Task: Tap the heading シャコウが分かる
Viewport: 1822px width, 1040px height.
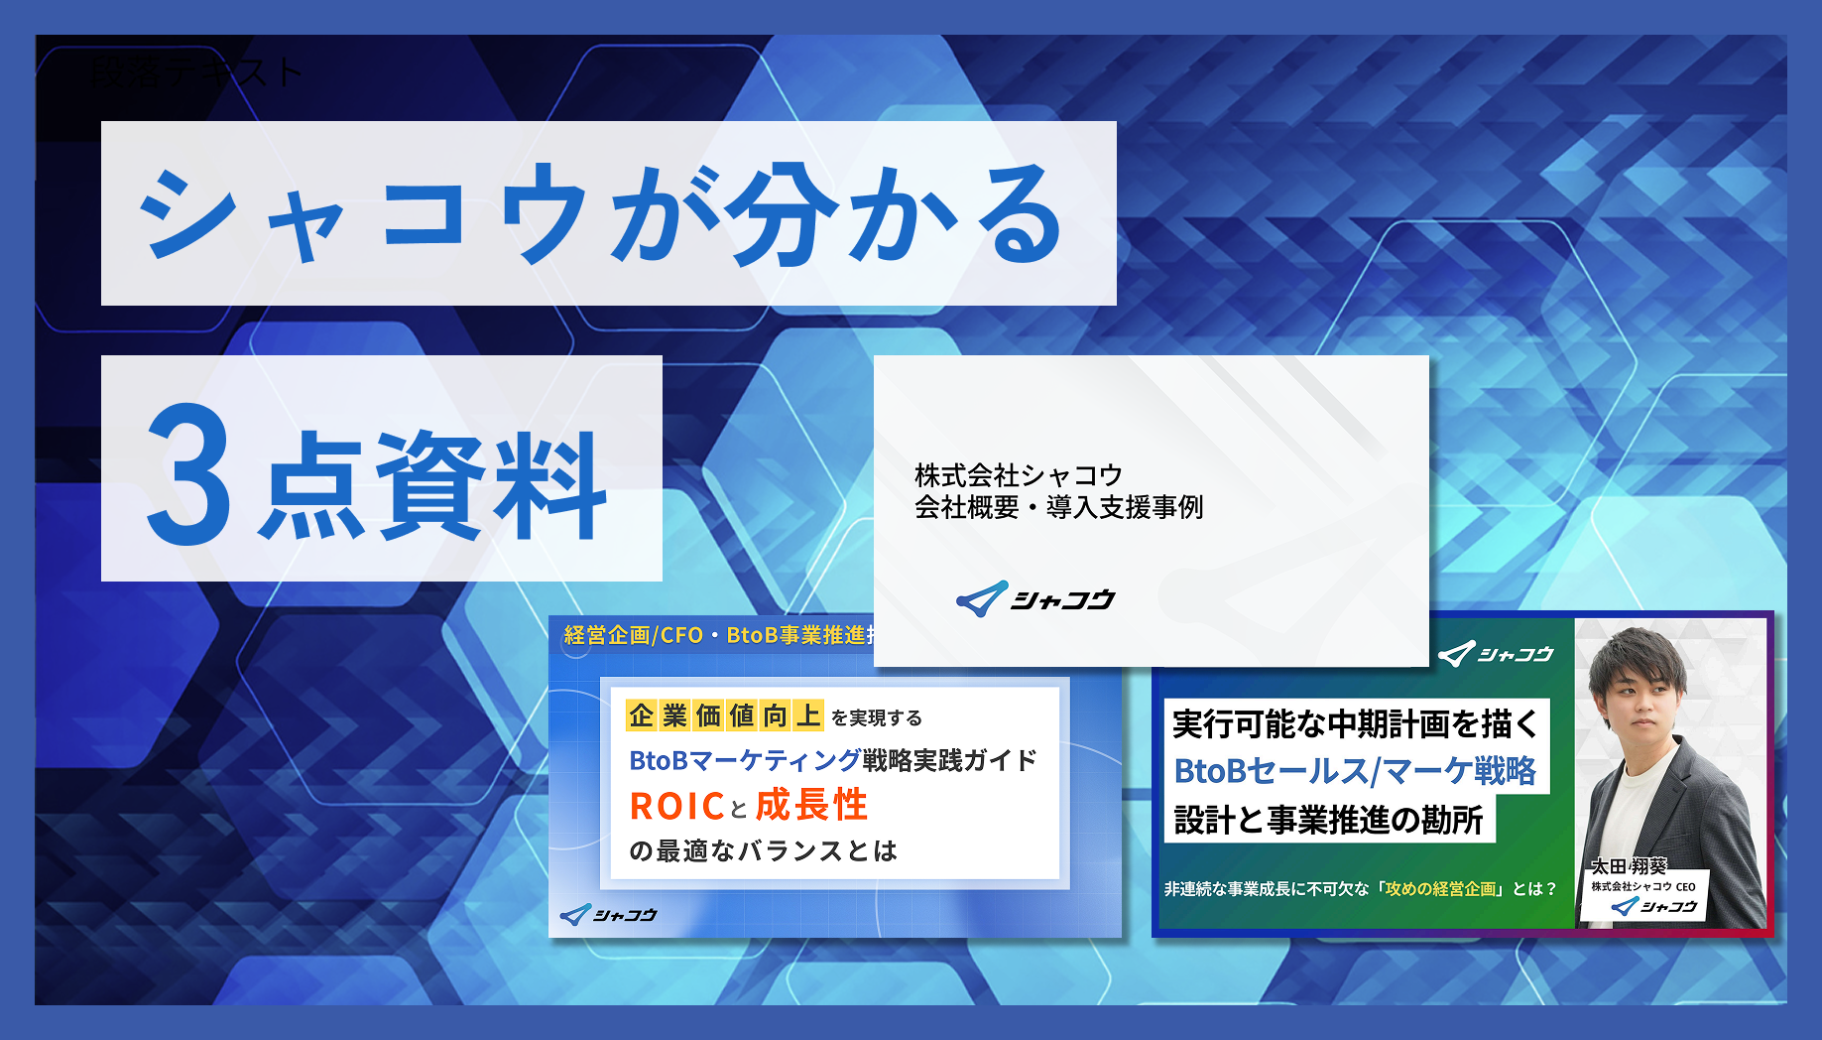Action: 601,214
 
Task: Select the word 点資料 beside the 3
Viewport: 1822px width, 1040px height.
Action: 432,484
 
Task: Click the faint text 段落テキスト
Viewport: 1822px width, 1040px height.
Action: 195,71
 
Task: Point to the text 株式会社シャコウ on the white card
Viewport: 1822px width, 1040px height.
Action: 1018,475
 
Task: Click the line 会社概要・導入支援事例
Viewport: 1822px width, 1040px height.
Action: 1058,508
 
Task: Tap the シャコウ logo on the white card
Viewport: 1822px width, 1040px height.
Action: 1035,599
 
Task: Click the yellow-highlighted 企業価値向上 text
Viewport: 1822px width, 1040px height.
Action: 724,715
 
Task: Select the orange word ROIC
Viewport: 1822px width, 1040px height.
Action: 676,807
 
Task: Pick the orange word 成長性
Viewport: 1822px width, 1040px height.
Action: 811,805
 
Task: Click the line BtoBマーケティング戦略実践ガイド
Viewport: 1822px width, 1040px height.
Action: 833,761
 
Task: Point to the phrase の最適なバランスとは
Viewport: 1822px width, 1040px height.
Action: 763,850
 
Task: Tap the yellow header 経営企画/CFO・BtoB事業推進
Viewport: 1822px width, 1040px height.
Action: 718,635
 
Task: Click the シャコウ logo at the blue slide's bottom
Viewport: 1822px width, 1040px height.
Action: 609,915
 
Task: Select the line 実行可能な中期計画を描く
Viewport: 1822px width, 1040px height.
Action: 1354,724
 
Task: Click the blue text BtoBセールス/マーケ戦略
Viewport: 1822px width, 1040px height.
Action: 1355,771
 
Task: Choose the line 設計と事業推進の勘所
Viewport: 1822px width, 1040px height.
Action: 1328,820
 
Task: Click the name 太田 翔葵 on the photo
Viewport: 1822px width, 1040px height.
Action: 1629,866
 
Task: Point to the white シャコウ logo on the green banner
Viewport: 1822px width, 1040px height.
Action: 1496,654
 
